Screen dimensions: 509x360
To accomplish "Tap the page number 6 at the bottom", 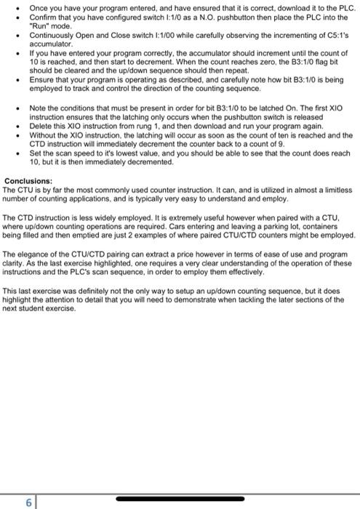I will [x=28, y=502].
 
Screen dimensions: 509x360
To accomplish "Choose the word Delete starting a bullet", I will [x=41, y=127].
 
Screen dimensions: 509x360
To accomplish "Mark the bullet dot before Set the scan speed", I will [x=20, y=154].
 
